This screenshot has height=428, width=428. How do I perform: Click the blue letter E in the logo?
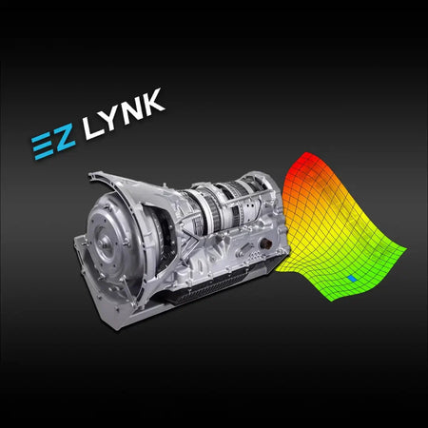[x=41, y=144]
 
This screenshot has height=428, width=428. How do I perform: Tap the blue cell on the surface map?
[x=353, y=278]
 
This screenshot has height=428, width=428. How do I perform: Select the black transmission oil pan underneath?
[x=204, y=290]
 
